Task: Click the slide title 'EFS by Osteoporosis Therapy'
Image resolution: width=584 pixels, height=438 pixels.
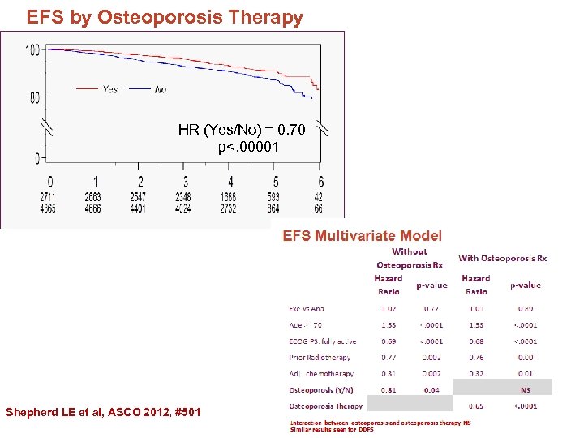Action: coord(165,17)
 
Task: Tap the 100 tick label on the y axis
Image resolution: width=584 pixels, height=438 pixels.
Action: coord(32,50)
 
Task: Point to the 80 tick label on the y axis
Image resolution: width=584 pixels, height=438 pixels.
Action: coord(34,98)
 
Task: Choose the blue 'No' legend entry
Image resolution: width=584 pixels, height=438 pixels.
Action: coord(161,89)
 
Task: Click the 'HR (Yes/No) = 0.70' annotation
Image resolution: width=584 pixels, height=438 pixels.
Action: coord(242,130)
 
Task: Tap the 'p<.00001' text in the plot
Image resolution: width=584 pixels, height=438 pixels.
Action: coord(248,147)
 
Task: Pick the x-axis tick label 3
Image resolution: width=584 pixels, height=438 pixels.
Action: coord(186,182)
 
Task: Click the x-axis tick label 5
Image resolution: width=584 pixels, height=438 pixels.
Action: coord(276,182)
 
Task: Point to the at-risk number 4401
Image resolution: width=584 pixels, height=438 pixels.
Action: coord(140,208)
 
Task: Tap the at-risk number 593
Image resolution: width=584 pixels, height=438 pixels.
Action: coord(276,197)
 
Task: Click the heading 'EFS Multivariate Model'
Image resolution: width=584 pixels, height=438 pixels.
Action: coord(363,236)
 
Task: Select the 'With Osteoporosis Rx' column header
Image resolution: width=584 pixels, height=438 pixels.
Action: coord(503,259)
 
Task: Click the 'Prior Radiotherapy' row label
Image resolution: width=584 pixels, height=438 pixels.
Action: coord(320,358)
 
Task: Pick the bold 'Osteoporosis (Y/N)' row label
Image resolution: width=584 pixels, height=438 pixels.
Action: coord(323,389)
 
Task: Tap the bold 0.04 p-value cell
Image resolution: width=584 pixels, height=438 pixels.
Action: coord(432,389)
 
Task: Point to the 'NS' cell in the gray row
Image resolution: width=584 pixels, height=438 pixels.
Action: coord(525,389)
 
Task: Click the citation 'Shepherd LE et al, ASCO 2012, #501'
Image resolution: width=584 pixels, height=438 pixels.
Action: coord(103,413)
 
